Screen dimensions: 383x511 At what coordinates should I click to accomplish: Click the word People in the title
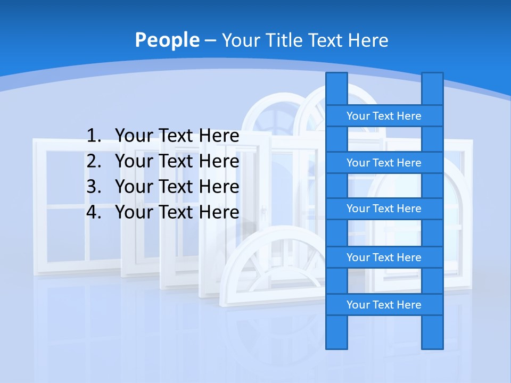(x=167, y=40)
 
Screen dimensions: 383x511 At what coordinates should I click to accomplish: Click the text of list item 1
(x=177, y=136)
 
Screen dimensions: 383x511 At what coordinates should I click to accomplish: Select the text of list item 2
(x=177, y=161)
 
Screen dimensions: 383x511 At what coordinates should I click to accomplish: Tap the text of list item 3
(x=177, y=187)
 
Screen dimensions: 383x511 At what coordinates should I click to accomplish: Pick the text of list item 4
(x=177, y=212)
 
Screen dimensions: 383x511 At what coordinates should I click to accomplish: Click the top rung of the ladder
(x=384, y=116)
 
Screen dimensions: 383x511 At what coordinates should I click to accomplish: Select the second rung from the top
(x=384, y=163)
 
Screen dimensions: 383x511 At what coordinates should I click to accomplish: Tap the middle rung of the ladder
(x=384, y=209)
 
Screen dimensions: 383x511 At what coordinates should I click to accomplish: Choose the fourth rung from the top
(x=384, y=257)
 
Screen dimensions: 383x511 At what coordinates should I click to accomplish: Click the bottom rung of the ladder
(x=384, y=305)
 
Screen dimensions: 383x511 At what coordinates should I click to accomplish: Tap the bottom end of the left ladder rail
(x=336, y=343)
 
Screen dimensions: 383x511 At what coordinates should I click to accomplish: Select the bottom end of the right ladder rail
(x=432, y=343)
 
